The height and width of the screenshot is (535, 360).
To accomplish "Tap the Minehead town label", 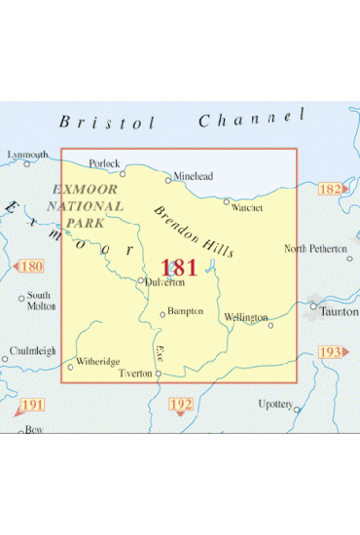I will [x=193, y=176].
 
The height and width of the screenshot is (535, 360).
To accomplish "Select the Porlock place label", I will [x=104, y=163].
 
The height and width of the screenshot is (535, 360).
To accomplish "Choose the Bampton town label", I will [x=185, y=311].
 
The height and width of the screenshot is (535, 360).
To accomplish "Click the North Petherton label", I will [x=315, y=249].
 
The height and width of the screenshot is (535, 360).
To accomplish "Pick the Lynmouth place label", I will [x=27, y=155].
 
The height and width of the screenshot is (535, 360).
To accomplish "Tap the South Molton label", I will [x=41, y=300].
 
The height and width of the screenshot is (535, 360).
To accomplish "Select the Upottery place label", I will [x=275, y=403].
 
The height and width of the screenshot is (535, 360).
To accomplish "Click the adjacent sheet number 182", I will [x=331, y=188].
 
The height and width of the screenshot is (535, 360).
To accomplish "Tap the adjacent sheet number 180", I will [x=31, y=266].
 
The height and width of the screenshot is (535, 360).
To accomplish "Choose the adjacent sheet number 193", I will [x=332, y=351].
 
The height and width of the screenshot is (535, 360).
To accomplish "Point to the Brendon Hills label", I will [x=193, y=232].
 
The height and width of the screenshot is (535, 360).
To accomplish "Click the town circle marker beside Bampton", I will [x=162, y=313].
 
